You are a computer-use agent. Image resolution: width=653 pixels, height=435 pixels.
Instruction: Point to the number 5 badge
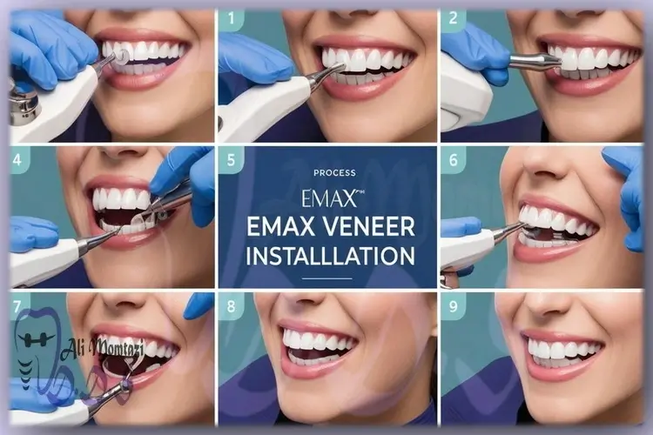point(231,161)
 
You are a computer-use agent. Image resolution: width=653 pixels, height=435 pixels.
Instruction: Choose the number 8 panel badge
point(231,306)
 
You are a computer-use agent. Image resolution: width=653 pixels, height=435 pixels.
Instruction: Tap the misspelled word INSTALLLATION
point(328,256)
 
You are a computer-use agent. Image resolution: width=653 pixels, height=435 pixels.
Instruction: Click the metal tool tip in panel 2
point(535,61)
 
